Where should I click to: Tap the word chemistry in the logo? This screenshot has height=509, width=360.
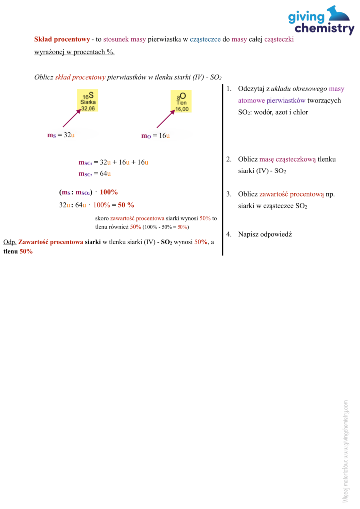pos(323,29)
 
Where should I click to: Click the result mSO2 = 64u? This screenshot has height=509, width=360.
pos(94,174)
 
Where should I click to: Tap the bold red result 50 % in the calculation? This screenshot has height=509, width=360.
pos(126,205)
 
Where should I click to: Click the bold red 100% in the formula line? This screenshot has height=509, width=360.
pos(109,192)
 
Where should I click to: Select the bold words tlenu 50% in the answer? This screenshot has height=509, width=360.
pos(18,251)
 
